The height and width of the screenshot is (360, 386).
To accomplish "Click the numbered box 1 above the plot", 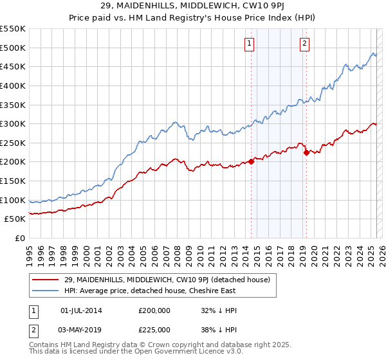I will [249, 44].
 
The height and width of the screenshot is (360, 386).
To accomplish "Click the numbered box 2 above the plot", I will [304, 44].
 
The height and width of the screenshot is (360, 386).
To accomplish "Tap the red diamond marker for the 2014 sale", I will [251, 162].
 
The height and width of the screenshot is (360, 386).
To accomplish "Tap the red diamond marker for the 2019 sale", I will [306, 152].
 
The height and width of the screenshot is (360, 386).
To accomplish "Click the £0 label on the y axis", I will [21, 239].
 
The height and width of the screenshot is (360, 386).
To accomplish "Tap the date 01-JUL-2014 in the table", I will [81, 310].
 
